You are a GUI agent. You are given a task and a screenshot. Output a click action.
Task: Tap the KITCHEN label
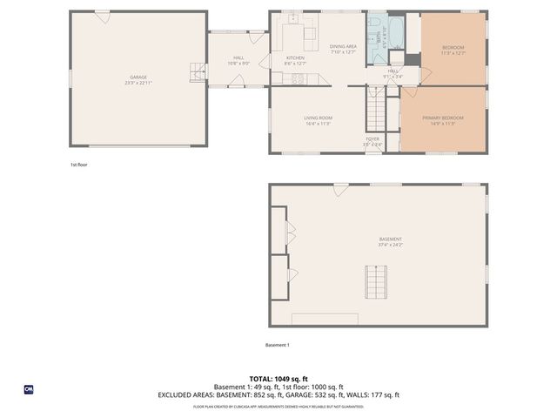click(x=296, y=59)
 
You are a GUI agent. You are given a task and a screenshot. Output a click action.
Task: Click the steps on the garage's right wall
click(x=199, y=75)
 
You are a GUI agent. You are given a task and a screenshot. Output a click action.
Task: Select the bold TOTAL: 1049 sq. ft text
click(x=278, y=379)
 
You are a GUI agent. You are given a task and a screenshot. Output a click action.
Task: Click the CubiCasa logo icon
click(x=29, y=388)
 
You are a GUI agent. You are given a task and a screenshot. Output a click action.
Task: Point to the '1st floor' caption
click(x=79, y=164)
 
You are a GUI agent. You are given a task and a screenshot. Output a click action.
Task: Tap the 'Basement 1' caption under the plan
click(x=277, y=345)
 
